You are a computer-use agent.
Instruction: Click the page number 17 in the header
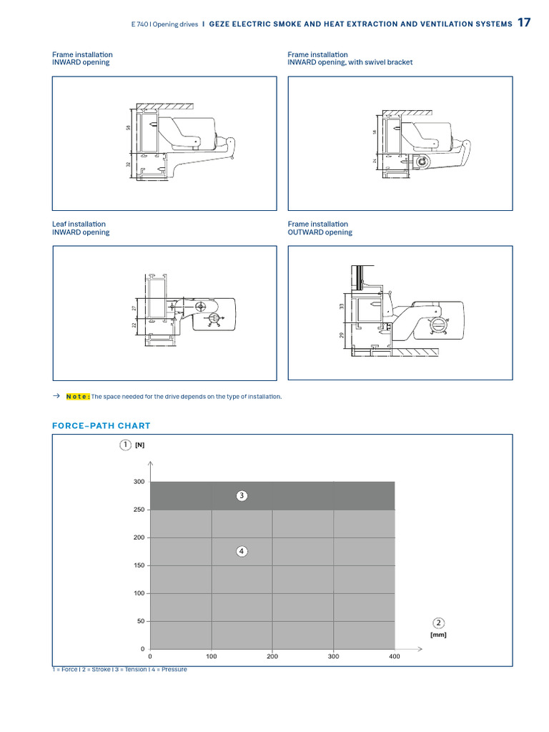tap(524, 23)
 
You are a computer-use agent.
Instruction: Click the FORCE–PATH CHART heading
tap(101, 425)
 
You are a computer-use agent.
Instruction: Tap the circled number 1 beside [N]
tap(125, 445)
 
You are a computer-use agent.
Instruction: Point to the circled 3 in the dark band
tap(242, 495)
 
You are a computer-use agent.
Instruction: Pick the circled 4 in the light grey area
tap(242, 551)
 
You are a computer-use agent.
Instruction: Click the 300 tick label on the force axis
tap(139, 482)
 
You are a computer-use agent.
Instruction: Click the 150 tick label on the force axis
tap(139, 565)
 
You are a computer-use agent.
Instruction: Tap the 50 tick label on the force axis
tap(140, 621)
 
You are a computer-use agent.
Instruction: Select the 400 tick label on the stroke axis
tap(395, 656)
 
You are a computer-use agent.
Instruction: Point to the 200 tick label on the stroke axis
tap(272, 656)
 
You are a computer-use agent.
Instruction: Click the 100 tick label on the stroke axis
tap(212, 656)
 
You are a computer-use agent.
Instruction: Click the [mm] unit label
tap(438, 634)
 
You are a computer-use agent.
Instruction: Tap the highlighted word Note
tap(78, 397)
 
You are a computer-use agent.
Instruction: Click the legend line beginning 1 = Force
tap(119, 669)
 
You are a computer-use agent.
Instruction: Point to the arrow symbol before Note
tap(56, 397)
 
